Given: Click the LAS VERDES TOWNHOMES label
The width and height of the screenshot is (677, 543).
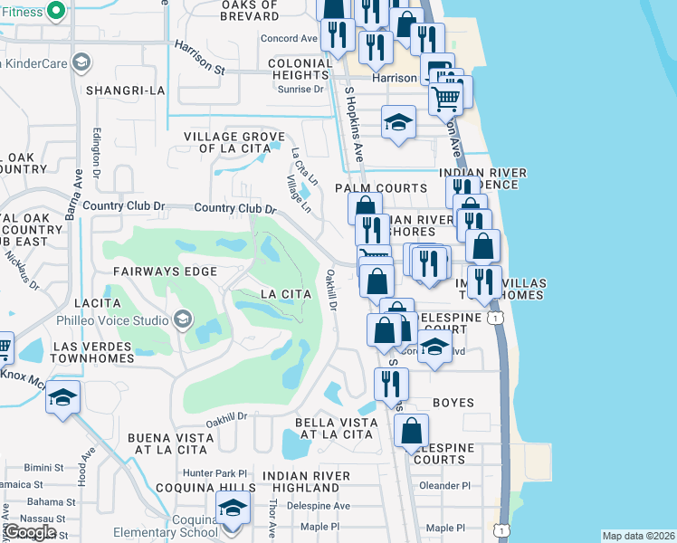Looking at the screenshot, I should pyautogui.click(x=93, y=353).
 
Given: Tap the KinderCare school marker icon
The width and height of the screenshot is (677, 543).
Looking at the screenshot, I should pyautogui.click(x=81, y=62).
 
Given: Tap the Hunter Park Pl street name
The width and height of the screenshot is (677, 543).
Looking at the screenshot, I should pyautogui.click(x=215, y=473).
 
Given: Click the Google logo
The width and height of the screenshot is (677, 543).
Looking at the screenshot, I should pyautogui.click(x=31, y=532).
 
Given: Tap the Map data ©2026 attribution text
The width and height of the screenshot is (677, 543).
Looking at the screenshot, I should pyautogui.click(x=638, y=536).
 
